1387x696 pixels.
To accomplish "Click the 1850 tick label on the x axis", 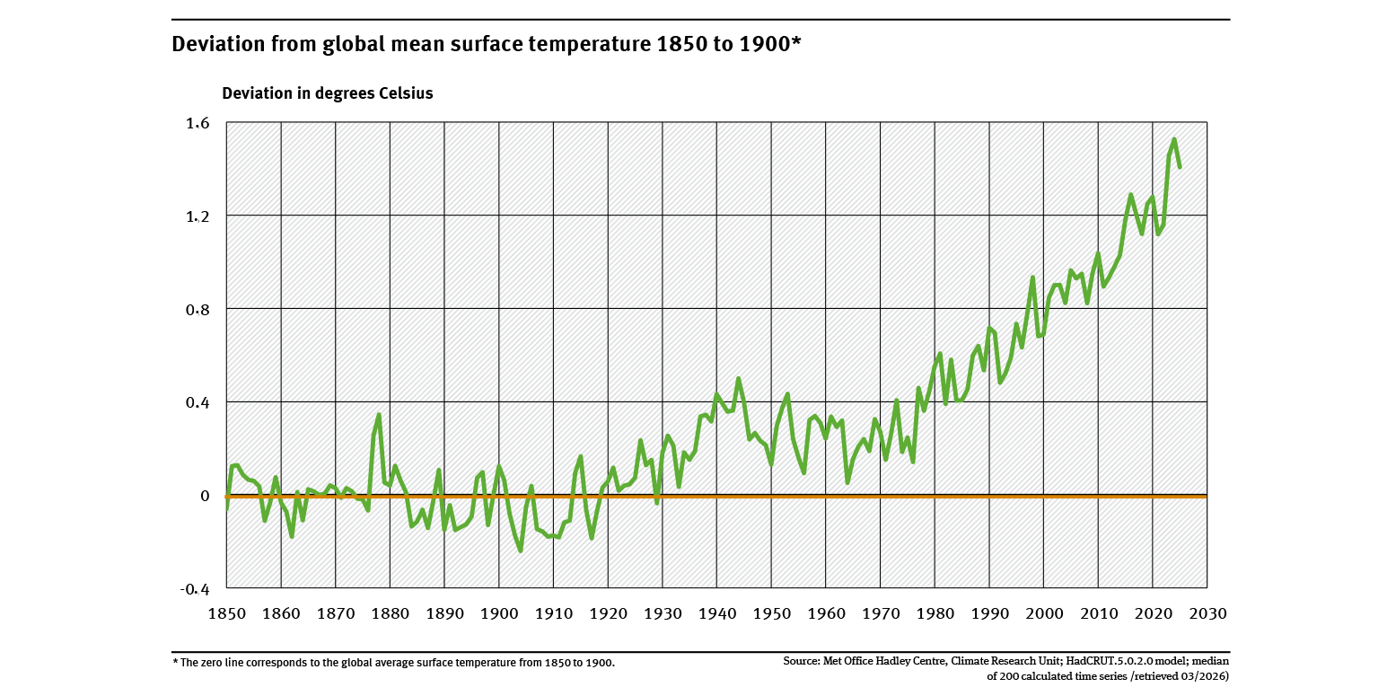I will tap(226, 613).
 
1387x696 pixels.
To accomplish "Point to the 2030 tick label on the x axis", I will tap(1207, 613).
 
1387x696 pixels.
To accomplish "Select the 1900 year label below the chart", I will tap(499, 613).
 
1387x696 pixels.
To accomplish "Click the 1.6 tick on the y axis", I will tap(198, 123).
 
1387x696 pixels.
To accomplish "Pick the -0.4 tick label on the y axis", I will tap(195, 589).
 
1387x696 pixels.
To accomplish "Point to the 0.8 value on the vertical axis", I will tap(198, 309).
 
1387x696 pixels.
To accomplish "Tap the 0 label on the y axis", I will tap(205, 496).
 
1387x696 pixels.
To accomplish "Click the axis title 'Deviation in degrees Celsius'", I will tap(328, 93).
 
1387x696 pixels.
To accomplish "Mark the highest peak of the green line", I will tap(1174, 139).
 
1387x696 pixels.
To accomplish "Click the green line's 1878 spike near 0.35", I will tap(379, 415).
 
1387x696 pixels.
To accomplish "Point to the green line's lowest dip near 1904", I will tap(521, 551).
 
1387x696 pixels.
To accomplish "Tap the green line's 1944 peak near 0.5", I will tap(738, 379).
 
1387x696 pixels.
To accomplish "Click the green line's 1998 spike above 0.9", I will tap(1032, 278).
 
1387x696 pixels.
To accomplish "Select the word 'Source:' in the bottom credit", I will tap(802, 662).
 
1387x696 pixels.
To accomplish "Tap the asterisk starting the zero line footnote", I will tap(174, 662).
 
